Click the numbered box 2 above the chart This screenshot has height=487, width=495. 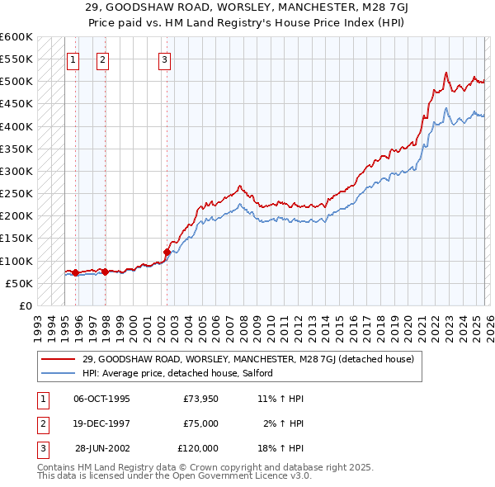pos(102,59)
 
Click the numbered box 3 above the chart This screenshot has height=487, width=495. pos(165,59)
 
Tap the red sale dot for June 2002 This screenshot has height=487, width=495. pos(167,252)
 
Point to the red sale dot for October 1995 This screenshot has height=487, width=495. pos(75,272)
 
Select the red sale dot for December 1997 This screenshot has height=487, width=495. pos(105,272)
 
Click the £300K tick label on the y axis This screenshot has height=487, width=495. pos(16,171)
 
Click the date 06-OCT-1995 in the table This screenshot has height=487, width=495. pos(101,399)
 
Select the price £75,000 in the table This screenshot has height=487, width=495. pos(200,423)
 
